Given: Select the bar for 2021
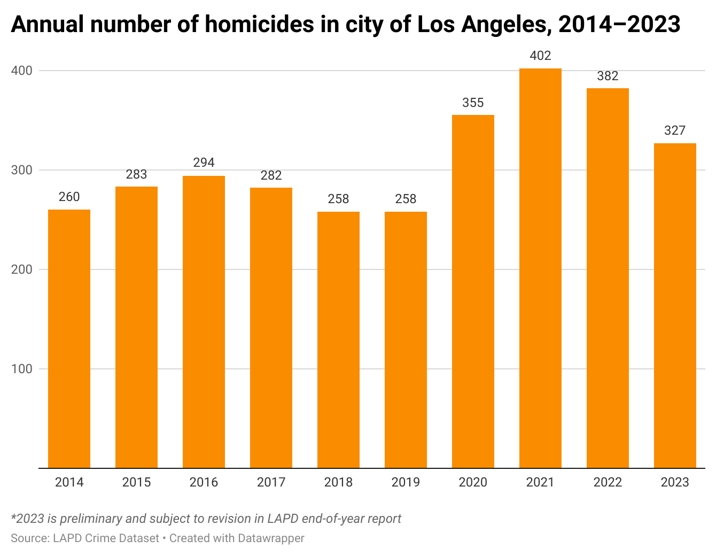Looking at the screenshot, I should click(x=540, y=268).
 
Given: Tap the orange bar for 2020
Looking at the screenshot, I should click(x=473, y=291).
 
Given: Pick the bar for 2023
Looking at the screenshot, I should click(x=675, y=305).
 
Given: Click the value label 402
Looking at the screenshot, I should click(x=540, y=56).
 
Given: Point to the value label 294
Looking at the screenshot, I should click(x=204, y=163).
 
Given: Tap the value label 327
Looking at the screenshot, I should click(x=675, y=130).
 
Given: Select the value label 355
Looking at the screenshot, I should click(x=473, y=103).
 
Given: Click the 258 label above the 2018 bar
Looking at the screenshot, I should click(x=338, y=199).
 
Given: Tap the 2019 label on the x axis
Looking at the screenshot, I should click(x=406, y=482).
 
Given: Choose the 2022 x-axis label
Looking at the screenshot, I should click(x=608, y=482).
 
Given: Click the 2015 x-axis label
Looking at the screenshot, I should click(x=136, y=482).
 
